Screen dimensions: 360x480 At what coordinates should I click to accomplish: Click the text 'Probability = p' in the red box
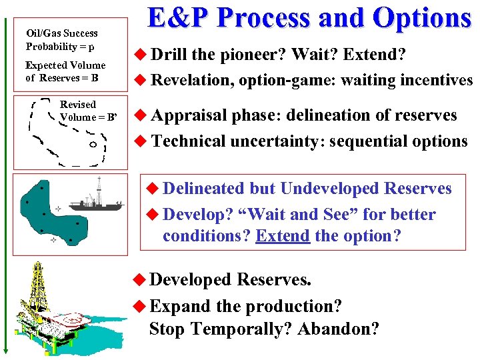[x=60, y=47]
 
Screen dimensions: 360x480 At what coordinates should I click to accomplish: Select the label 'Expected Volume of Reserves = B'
[x=65, y=71]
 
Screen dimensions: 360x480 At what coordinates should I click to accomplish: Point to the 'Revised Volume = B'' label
[x=87, y=111]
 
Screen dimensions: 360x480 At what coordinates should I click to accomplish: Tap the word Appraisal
[x=189, y=115]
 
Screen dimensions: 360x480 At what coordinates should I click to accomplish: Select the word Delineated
[x=204, y=189]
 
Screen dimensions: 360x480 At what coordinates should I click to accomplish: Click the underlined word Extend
[x=283, y=236]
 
